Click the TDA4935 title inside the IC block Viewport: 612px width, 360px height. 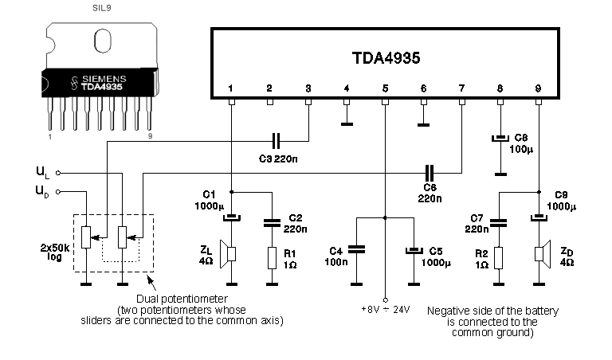click(386, 58)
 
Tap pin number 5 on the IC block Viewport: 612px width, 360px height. click(385, 88)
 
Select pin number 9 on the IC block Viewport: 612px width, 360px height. click(539, 88)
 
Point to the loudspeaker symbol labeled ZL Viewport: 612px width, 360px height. click(229, 254)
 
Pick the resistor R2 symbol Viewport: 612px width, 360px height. click(499, 256)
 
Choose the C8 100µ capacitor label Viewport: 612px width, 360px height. click(522, 143)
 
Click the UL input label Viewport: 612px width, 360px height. click(43, 170)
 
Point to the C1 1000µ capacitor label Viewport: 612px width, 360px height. click(209, 200)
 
